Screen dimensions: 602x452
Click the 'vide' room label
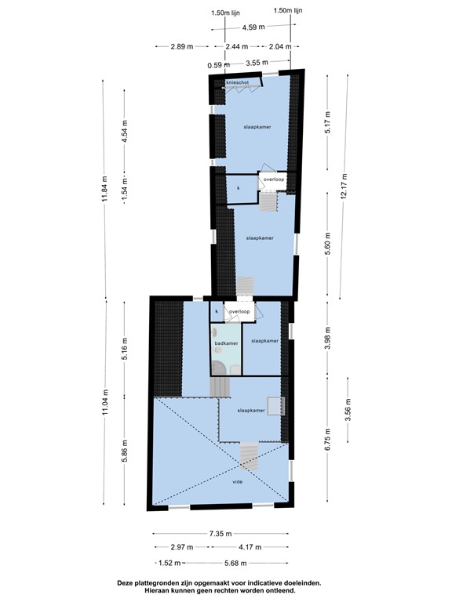(x=237, y=482)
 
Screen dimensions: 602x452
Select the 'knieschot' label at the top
(x=236, y=82)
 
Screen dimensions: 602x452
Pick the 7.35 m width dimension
(x=220, y=534)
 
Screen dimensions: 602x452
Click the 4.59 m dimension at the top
(x=253, y=27)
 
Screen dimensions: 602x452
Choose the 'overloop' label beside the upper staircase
(x=274, y=180)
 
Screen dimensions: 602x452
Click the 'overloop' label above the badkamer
(x=239, y=312)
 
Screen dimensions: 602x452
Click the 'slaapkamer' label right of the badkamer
(x=264, y=341)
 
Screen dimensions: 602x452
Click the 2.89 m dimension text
(x=180, y=47)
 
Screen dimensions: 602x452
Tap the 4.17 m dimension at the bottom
(x=250, y=548)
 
